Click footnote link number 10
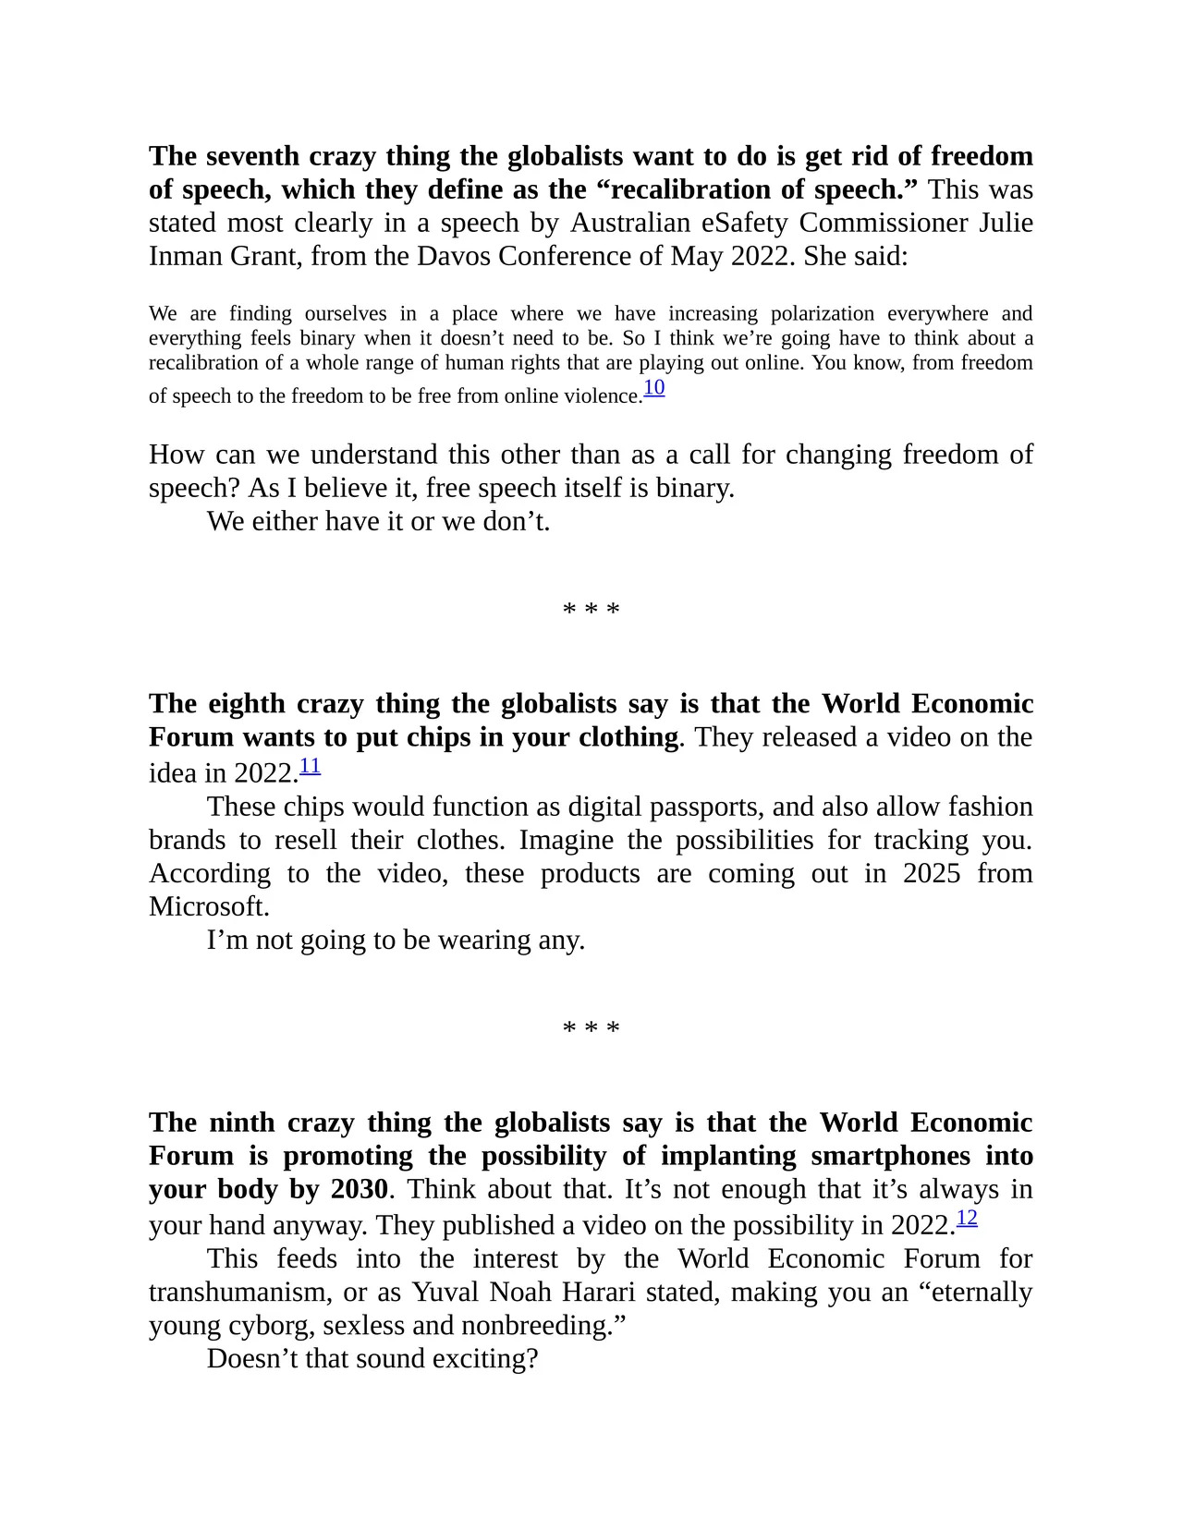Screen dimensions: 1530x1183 click(x=653, y=388)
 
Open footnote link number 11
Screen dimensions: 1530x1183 click(x=310, y=766)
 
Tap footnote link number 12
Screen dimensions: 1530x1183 click(x=966, y=1219)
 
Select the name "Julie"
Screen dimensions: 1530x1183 click(x=1003, y=223)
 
